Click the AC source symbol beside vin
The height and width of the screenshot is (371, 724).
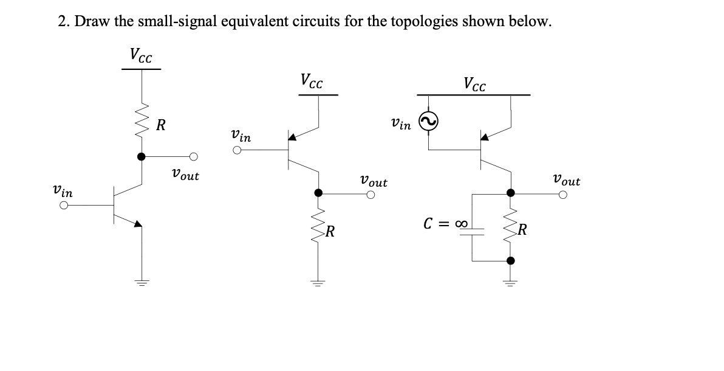[x=429, y=123]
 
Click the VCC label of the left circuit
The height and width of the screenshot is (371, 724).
[x=141, y=55]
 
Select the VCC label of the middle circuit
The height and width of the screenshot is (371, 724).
[x=312, y=81]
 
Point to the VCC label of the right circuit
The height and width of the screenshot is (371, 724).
[x=474, y=83]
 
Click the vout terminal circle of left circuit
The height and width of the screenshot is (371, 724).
[x=194, y=156]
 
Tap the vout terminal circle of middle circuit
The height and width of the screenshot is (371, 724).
[x=370, y=195]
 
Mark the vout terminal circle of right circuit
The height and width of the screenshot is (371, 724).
[x=564, y=195]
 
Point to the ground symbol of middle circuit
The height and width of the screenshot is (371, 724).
[x=318, y=282]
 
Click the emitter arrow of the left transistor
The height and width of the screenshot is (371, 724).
[x=138, y=224]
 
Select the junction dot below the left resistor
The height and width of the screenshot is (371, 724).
[x=142, y=156]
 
